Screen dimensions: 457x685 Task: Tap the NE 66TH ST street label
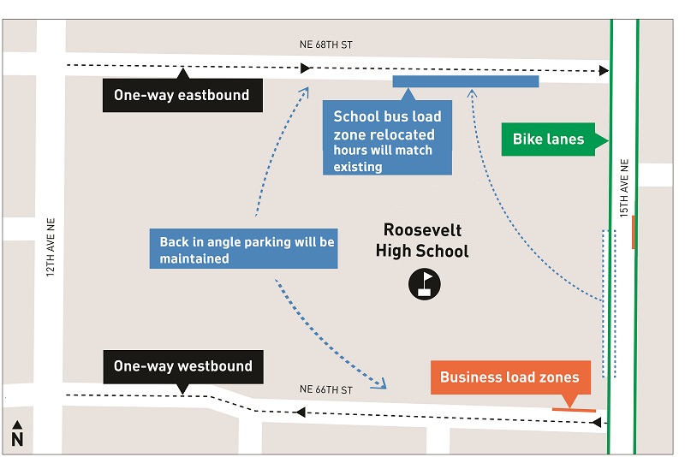pyautogui.click(x=325, y=389)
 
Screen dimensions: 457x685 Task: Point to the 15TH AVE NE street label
pyautogui.click(x=624, y=187)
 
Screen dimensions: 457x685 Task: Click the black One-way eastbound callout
pyautogui.click(x=182, y=95)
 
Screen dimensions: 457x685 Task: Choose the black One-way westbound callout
pyautogui.click(x=182, y=366)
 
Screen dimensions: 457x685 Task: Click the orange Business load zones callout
pyautogui.click(x=509, y=377)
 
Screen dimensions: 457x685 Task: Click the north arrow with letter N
pyautogui.click(x=16, y=434)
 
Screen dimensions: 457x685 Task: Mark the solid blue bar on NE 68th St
pyautogui.click(x=465, y=81)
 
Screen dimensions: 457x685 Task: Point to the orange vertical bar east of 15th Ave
pyautogui.click(x=634, y=232)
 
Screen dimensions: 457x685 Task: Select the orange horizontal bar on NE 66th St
pyautogui.click(x=573, y=411)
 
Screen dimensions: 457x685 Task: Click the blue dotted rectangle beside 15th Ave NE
pyautogui.click(x=609, y=303)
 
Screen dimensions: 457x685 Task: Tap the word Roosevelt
pyautogui.click(x=422, y=230)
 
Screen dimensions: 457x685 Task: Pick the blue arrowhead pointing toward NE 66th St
pyautogui.click(x=380, y=384)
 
